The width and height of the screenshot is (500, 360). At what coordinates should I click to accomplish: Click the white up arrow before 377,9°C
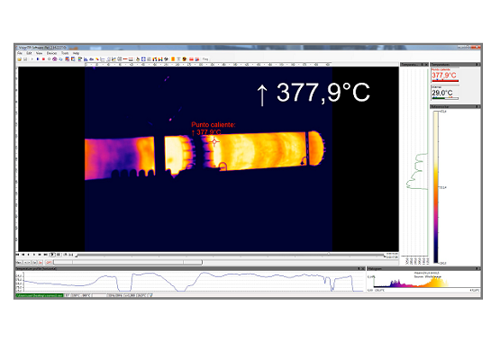pyautogui.click(x=262, y=93)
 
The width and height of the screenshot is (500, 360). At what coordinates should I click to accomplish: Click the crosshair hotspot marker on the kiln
pyautogui.click(x=214, y=141)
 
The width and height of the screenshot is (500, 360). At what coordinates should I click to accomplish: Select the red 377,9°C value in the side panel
pyautogui.click(x=441, y=76)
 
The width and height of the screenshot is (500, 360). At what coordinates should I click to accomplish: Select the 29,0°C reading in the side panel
pyautogui.click(x=441, y=93)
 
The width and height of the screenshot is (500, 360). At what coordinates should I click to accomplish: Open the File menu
pyautogui.click(x=20, y=53)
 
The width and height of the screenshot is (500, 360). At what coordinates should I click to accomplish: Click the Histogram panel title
pyautogui.click(x=378, y=267)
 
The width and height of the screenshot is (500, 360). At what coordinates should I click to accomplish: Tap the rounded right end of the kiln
pyautogui.click(x=314, y=149)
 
